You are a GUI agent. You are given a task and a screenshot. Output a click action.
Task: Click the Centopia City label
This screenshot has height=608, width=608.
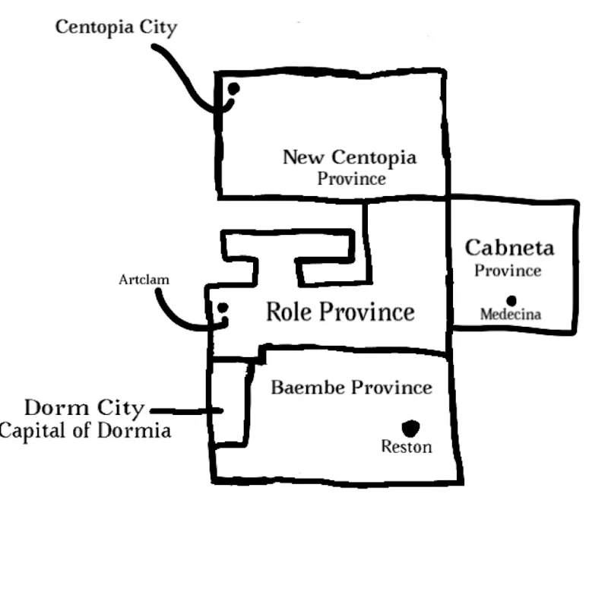point(116,28)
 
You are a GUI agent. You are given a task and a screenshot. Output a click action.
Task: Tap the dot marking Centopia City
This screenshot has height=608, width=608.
point(233,89)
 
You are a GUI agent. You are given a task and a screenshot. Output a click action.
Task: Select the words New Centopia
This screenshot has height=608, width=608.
point(350,157)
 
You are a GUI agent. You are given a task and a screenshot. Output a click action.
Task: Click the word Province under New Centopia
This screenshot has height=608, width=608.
point(351,179)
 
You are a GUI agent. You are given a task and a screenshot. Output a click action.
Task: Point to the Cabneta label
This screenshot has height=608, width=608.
point(509,247)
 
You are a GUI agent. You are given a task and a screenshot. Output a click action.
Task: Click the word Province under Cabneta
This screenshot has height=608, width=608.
point(508,271)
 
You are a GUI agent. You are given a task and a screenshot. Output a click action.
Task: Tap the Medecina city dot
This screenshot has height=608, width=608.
point(511,301)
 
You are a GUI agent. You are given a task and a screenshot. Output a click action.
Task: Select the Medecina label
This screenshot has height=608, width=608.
point(510,314)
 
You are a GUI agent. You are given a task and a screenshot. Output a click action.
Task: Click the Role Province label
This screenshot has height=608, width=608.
point(340,312)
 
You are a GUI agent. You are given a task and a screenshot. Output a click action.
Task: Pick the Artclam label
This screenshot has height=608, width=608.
point(144,280)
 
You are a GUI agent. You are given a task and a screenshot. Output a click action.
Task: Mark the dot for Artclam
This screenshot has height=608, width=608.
point(223,308)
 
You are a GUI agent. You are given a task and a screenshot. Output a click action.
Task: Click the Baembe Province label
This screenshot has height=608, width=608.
point(351,388)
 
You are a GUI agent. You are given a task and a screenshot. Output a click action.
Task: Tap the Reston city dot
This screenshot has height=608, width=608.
point(411,428)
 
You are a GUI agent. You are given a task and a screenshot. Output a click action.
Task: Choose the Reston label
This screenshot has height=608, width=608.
point(406,447)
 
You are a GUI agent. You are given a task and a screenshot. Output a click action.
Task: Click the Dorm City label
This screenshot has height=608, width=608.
point(84,408)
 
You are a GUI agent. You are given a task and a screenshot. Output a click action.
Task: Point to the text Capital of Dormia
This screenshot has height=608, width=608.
point(85,431)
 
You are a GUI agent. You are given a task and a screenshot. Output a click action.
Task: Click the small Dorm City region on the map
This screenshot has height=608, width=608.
point(229,403)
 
